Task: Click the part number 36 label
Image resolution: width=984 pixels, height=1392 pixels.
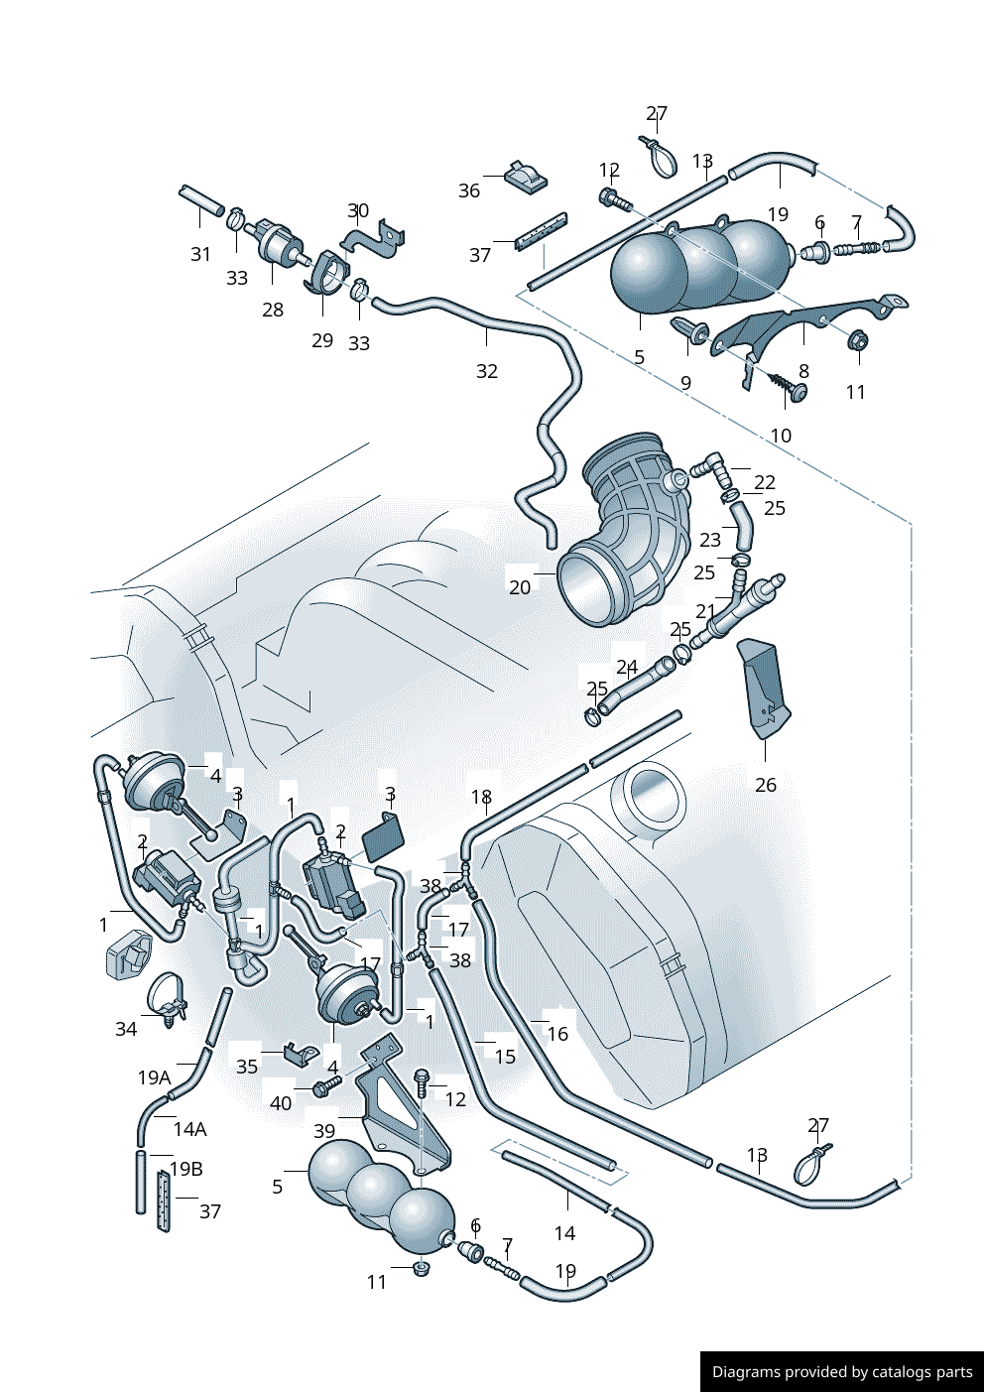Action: point(469,190)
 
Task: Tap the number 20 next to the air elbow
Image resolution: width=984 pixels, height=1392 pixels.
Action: point(520,587)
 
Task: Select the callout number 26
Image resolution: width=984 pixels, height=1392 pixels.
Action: point(766,785)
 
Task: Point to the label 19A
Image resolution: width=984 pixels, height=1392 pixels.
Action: point(154,1077)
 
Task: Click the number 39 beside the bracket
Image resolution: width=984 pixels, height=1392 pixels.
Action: point(324,1131)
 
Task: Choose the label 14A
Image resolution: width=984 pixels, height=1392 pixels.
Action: point(189,1129)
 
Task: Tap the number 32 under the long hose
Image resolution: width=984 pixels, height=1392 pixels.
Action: point(486,371)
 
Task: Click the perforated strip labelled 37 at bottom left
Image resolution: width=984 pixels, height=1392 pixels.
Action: point(162,1201)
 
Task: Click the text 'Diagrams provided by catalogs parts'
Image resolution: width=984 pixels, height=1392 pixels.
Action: point(842,1372)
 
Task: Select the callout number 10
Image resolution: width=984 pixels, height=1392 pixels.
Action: point(781,436)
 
